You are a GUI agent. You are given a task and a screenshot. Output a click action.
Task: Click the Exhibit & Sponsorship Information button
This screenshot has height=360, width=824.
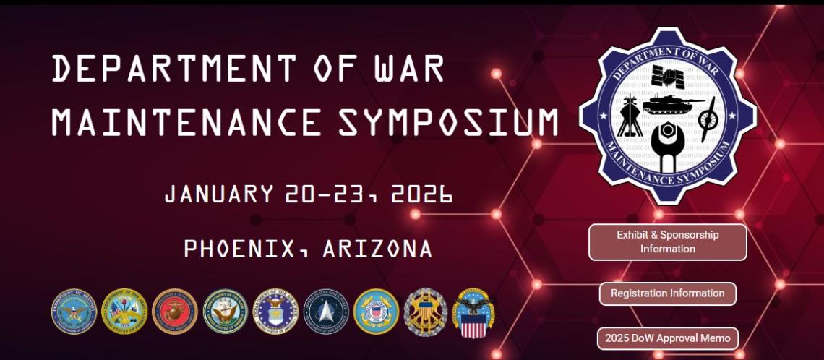667,242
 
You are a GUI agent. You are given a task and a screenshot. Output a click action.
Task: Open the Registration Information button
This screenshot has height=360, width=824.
667,293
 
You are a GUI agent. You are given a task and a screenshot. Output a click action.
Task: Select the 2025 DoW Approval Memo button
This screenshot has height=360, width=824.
667,338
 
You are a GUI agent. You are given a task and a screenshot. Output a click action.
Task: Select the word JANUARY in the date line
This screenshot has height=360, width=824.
219,194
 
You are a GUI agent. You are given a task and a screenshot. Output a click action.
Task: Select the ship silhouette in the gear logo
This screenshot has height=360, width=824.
627,116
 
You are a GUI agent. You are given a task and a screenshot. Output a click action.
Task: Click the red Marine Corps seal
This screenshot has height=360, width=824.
174,311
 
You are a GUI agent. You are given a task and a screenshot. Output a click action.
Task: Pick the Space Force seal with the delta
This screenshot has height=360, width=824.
325,311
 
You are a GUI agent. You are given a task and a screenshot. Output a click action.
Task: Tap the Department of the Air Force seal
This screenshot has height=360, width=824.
275,311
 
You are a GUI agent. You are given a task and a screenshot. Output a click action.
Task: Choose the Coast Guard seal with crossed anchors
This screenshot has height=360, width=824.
375,311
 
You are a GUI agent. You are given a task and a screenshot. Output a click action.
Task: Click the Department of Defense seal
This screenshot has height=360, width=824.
74,311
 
